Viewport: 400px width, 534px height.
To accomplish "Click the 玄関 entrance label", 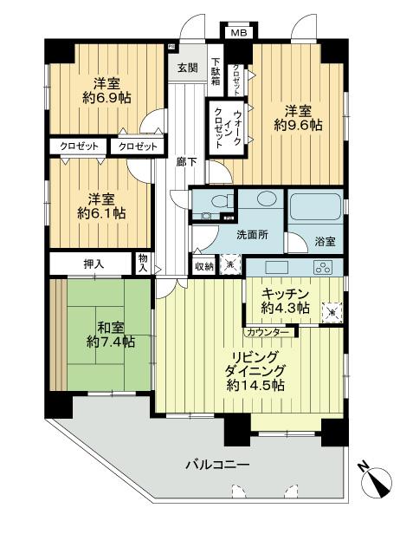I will [x=188, y=68].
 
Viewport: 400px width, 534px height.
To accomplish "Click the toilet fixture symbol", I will [x=214, y=203].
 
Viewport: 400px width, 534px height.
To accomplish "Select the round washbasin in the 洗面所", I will [x=265, y=199].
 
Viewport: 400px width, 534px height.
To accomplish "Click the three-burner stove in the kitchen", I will [x=323, y=267].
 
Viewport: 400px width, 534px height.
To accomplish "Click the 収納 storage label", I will [x=203, y=266].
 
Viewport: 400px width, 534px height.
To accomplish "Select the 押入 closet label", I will [x=89, y=262].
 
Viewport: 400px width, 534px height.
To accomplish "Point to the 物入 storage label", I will [x=143, y=262].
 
